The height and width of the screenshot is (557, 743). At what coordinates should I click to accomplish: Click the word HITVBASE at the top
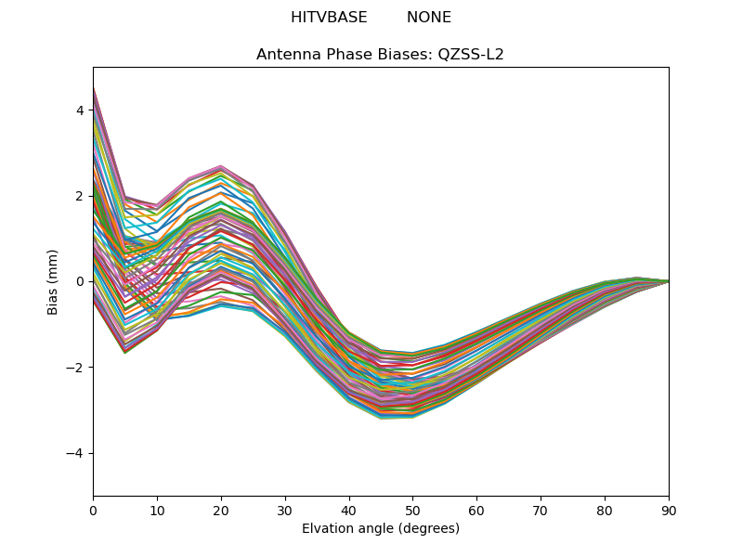pyautogui.click(x=329, y=18)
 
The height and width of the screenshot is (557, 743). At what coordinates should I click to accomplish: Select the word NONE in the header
pyautogui.click(x=429, y=18)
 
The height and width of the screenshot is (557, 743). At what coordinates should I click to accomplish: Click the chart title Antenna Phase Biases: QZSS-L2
pyautogui.click(x=380, y=55)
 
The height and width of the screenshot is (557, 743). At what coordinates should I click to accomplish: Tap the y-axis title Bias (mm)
pyautogui.click(x=52, y=282)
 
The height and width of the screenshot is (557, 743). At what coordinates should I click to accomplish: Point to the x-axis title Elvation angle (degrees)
pyautogui.click(x=381, y=528)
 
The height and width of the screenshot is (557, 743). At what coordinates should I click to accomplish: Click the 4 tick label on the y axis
pyautogui.click(x=80, y=110)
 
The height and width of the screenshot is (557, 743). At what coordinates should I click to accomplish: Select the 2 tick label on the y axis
pyautogui.click(x=80, y=196)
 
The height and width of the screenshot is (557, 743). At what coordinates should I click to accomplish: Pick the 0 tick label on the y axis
pyautogui.click(x=80, y=282)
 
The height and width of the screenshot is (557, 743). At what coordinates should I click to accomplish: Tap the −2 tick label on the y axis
pyautogui.click(x=75, y=368)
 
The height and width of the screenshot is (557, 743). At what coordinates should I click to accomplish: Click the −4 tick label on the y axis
pyautogui.click(x=75, y=453)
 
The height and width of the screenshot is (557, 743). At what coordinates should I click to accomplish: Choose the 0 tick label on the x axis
pyautogui.click(x=94, y=512)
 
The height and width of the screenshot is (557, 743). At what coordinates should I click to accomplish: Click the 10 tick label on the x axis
pyautogui.click(x=157, y=512)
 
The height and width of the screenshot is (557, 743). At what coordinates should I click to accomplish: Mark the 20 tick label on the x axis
pyautogui.click(x=221, y=512)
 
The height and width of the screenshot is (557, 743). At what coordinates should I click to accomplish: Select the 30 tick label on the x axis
pyautogui.click(x=285, y=512)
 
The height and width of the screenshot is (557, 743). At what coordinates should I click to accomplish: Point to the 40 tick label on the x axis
pyautogui.click(x=349, y=512)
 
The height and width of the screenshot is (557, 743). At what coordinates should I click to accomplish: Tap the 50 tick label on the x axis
pyautogui.click(x=413, y=512)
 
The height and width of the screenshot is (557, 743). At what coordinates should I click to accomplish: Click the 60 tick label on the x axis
pyautogui.click(x=477, y=512)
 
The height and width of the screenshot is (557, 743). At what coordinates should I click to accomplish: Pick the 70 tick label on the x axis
pyautogui.click(x=541, y=512)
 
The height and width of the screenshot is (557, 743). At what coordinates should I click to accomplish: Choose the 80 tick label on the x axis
pyautogui.click(x=606, y=512)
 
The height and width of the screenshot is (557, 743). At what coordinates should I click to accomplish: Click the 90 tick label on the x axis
pyautogui.click(x=669, y=512)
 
